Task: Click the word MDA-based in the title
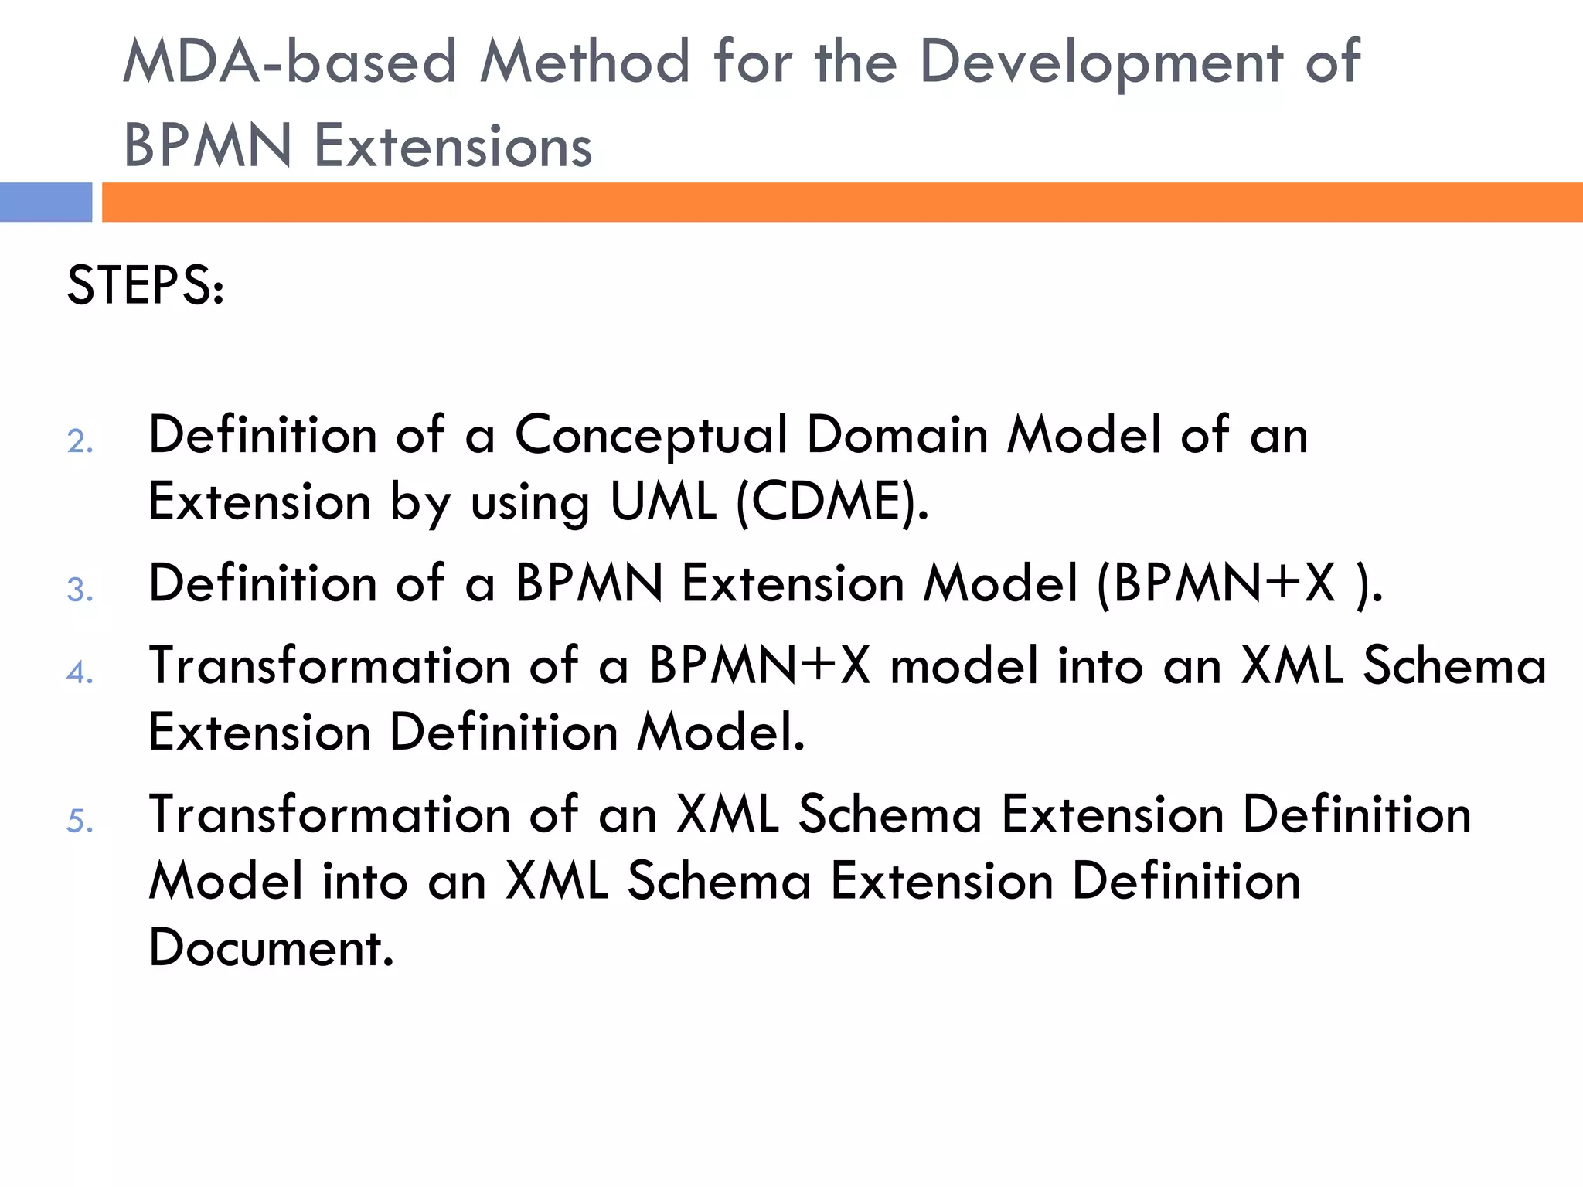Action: coord(290,62)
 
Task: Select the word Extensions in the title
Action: coord(453,146)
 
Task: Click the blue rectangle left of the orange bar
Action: coord(46,202)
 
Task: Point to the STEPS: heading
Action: coord(145,285)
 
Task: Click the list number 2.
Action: coord(80,442)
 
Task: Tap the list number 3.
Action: coord(80,590)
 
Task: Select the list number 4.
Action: coord(80,672)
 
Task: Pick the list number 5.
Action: coord(80,821)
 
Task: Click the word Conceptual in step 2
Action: coord(651,436)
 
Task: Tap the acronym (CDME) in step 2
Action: coord(832,502)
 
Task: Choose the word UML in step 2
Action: coord(663,502)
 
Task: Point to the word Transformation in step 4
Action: coord(329,665)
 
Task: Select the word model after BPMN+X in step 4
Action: coord(965,665)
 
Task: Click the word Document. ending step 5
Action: coord(271,948)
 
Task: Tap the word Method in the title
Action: coord(584,62)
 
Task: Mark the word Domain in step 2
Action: coord(897,434)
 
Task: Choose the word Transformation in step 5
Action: coord(329,815)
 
